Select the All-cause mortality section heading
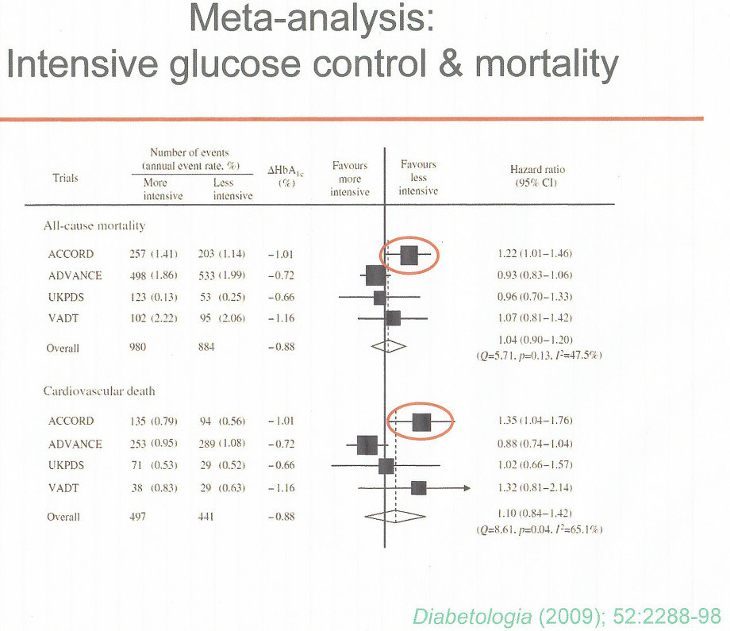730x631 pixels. click(94, 225)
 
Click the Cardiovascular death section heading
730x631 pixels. click(99, 391)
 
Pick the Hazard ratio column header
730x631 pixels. click(537, 175)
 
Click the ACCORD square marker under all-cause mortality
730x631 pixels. click(409, 254)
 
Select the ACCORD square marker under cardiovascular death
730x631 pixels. click(421, 421)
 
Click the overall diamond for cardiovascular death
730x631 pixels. click(395, 516)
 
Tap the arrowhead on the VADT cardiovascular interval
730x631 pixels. click(466, 487)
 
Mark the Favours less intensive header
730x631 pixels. click(418, 178)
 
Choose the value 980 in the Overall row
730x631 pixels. click(140, 347)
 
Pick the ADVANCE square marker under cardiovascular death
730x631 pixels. click(367, 444)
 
